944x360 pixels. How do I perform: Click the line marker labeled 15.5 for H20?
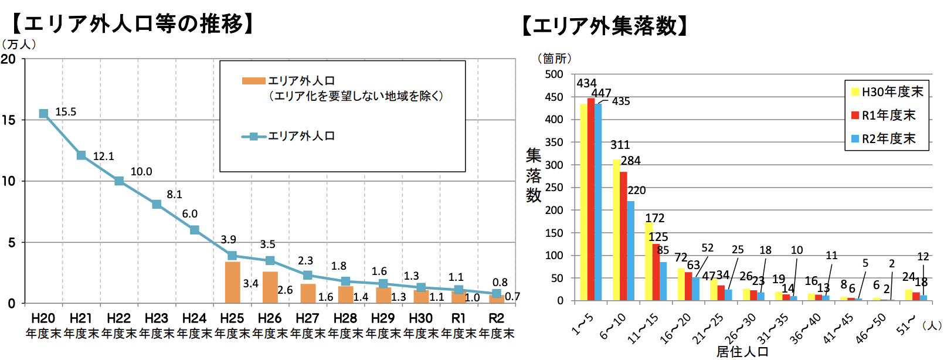point(43,114)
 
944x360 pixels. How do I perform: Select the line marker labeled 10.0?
point(119,181)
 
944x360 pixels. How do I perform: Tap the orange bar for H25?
point(232,283)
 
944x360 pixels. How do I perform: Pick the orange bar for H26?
point(270,288)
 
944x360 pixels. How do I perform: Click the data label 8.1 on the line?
point(174,194)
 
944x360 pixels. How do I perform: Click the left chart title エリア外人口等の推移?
point(134,23)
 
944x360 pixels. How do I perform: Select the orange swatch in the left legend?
point(253,81)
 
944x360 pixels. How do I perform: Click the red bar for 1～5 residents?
point(591,199)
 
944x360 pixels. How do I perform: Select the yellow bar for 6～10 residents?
point(616,230)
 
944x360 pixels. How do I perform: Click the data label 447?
point(601,93)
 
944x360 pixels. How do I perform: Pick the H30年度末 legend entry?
point(887,92)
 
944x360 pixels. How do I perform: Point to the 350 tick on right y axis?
point(554,142)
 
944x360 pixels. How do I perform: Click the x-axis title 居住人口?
point(742,351)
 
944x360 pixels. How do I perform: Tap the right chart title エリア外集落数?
point(605,26)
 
